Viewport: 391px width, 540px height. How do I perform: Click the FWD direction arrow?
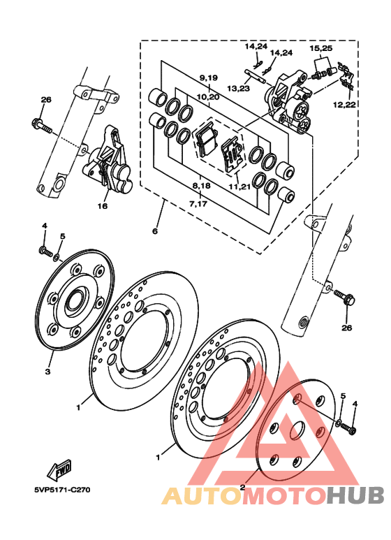tap(59, 470)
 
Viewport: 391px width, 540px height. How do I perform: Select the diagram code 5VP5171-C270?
tap(62, 490)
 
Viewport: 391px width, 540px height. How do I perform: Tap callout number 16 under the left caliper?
tap(102, 206)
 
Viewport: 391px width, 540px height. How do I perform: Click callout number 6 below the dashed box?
tap(155, 231)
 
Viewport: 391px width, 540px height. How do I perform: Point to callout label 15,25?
tap(320, 49)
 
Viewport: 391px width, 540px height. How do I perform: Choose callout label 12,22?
tap(344, 105)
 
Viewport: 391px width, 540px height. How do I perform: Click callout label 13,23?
tap(238, 89)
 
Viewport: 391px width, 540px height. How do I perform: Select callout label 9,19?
tap(208, 78)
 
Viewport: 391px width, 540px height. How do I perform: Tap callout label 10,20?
tap(208, 97)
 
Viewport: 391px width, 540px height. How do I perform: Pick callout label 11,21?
tap(239, 187)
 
